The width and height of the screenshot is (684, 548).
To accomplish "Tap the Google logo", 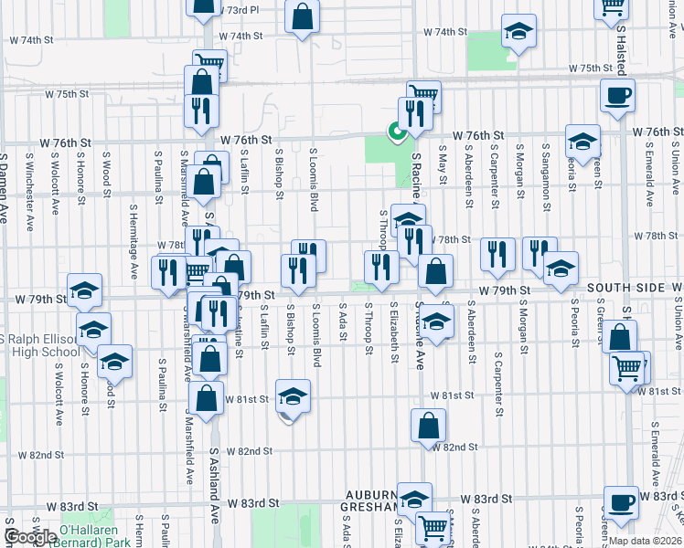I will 30,538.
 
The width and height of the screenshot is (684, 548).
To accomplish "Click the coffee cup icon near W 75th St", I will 618,94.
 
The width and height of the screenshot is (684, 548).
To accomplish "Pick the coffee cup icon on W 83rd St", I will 621,501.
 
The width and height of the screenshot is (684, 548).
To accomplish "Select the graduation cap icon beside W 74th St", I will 518,33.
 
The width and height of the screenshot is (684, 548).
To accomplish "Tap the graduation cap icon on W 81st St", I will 294,395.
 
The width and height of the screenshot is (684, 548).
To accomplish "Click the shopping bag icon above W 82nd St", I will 428,425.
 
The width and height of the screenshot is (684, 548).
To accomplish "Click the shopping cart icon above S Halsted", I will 612,7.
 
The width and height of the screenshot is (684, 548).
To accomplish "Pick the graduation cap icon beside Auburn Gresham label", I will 414,499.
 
